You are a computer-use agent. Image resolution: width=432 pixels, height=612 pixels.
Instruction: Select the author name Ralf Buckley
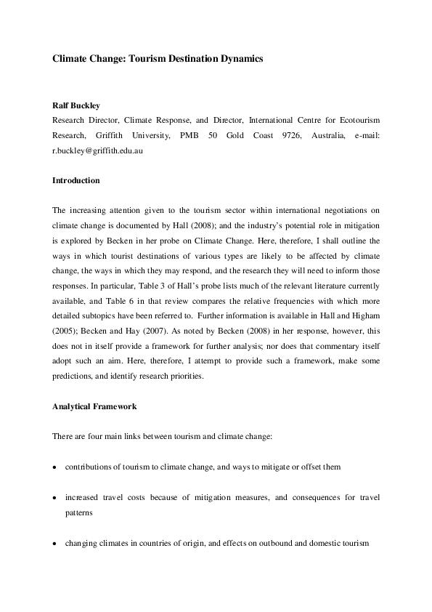[x=76, y=105]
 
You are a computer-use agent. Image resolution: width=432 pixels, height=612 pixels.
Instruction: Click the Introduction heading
[x=76, y=180]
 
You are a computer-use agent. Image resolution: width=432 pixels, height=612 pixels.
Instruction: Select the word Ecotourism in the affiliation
[x=355, y=120]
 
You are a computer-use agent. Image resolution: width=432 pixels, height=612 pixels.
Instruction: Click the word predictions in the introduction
[x=75, y=377]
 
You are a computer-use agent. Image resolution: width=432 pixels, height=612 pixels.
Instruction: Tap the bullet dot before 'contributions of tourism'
[x=54, y=467]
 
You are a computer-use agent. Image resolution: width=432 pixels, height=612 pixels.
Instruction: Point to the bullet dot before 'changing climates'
[x=54, y=543]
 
